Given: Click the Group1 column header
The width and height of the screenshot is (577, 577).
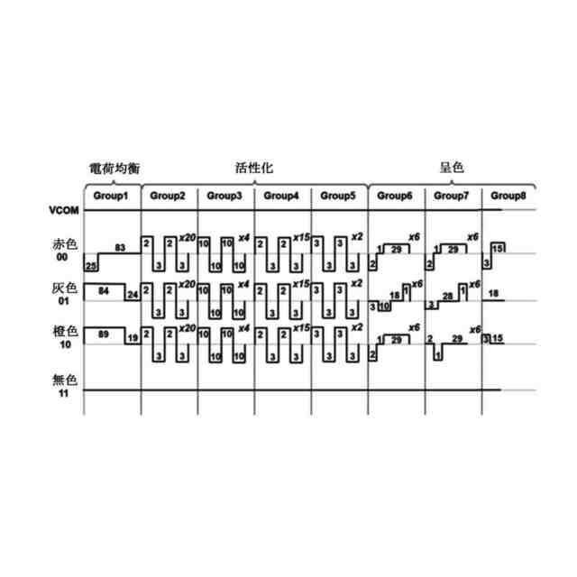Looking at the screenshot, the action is point(112,196).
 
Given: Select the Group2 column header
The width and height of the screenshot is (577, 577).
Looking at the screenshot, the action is point(168,196).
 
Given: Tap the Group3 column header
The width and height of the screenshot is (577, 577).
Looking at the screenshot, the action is point(224,196).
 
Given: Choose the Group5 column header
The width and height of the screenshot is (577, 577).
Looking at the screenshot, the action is point(338,196).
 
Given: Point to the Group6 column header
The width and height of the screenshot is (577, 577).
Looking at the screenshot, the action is point(395,196).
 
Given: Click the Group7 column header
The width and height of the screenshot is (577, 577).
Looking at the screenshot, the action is point(452,196).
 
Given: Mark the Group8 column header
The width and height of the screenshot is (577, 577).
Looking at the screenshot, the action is point(508,196).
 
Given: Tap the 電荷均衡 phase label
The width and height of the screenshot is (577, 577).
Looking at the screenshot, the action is point(114,168).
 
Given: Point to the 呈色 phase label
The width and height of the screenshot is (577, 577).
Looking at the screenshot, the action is point(451,168).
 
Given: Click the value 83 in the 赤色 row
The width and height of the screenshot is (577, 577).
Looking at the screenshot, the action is point(120,247).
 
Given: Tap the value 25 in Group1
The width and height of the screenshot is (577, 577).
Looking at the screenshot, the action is point(90,267).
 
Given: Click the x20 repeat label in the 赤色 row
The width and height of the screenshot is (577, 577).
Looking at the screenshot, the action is point(188,236).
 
